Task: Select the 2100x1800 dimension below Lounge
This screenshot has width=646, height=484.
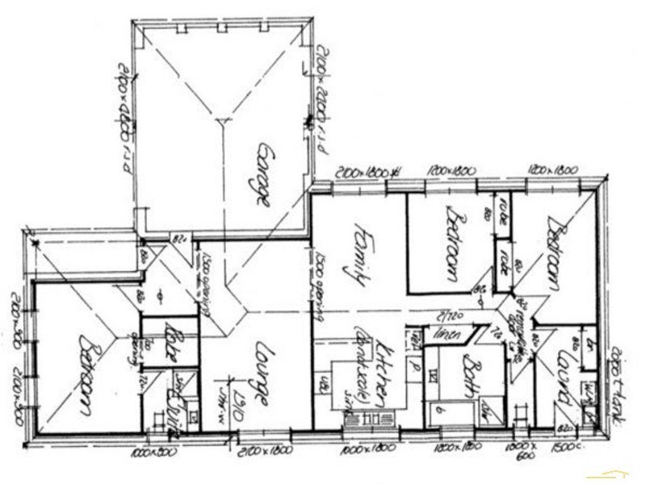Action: (261, 449)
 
